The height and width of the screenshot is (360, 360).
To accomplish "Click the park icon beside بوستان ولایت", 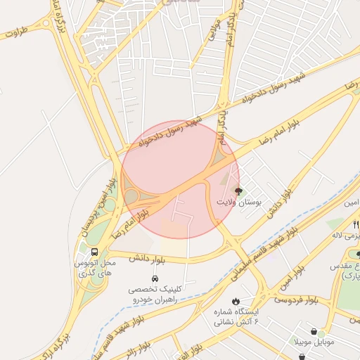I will (x=238, y=191).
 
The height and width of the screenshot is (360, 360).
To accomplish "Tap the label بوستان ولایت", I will (x=239, y=202).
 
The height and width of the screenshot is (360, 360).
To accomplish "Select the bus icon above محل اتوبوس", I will (x=94, y=251).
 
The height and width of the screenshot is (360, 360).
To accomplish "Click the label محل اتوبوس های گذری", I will (x=94, y=268).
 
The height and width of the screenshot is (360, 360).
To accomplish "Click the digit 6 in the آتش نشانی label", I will (x=256, y=321).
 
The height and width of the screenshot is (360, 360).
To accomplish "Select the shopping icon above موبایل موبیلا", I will (x=314, y=331).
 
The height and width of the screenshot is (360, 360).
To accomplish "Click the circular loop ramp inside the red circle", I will (x=131, y=196).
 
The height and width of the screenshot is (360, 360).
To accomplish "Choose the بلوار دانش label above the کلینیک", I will (x=146, y=259).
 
